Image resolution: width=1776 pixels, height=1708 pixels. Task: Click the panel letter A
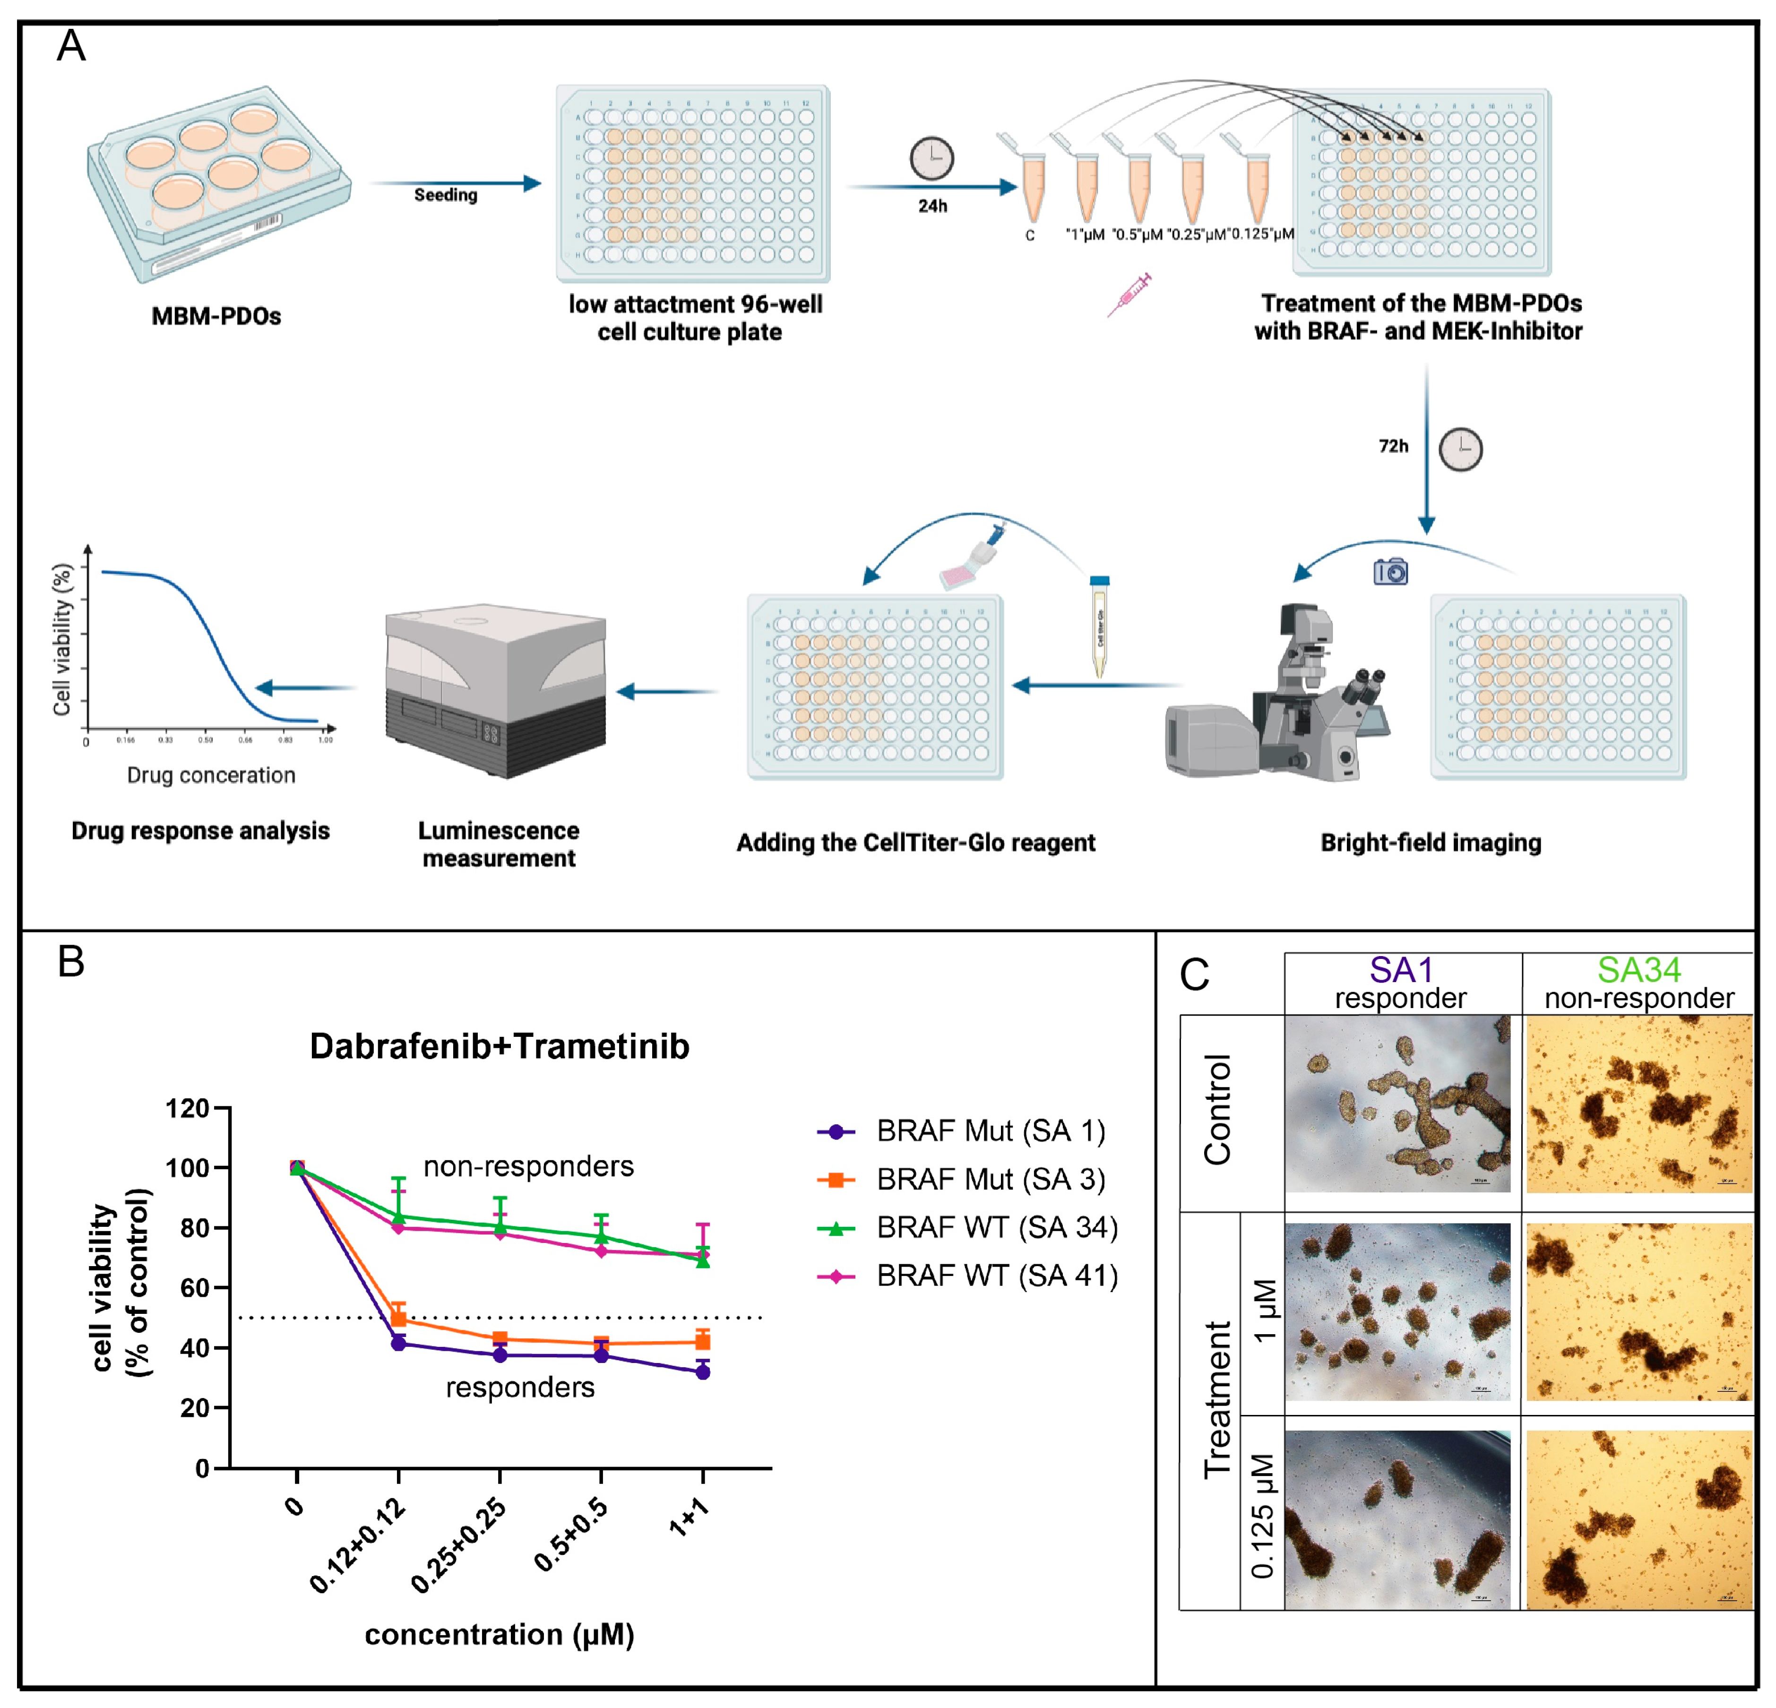pyautogui.click(x=71, y=45)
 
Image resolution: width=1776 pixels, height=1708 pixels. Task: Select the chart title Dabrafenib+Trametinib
pyautogui.click(x=499, y=1046)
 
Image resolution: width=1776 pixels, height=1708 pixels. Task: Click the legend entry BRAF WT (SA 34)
pyautogui.click(x=997, y=1228)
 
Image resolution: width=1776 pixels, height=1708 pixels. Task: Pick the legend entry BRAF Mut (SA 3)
pyautogui.click(x=991, y=1180)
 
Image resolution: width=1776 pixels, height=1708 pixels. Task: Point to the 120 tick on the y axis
pyautogui.click(x=188, y=1108)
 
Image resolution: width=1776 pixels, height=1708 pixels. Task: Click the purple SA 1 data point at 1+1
pyautogui.click(x=702, y=1372)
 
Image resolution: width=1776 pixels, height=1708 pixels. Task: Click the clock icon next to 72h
pyautogui.click(x=1461, y=449)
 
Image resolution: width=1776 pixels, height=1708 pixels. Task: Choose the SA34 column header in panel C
pyautogui.click(x=1638, y=970)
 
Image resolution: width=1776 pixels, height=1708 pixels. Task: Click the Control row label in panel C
pyautogui.click(x=1217, y=1110)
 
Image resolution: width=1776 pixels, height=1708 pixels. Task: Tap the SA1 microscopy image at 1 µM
pyautogui.click(x=1397, y=1312)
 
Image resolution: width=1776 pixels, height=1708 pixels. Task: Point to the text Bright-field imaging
pyautogui.click(x=1431, y=843)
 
